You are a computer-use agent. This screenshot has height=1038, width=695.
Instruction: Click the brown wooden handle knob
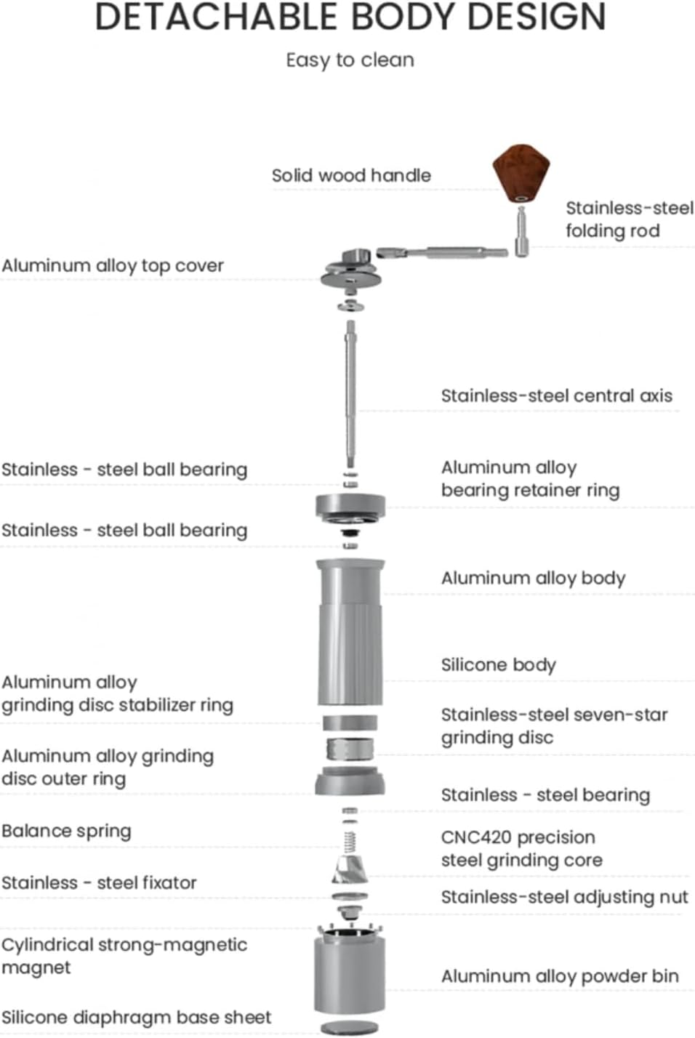519,174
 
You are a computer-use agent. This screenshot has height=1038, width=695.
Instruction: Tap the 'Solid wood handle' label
351,175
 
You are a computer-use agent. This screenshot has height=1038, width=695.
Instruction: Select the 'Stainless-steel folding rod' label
629,220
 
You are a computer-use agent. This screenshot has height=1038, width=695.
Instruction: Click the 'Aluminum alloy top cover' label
113,266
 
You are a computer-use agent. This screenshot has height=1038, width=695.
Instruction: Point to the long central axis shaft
350,393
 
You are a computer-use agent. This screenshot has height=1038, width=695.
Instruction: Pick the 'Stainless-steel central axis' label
556,396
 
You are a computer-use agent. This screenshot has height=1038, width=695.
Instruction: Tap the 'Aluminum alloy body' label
533,579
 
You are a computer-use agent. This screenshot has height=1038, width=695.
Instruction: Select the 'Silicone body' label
498,665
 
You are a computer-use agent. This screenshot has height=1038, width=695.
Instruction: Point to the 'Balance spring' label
67,831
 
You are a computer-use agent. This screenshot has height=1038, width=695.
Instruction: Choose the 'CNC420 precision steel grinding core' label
521,849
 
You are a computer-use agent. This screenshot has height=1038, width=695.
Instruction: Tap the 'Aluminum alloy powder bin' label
560,976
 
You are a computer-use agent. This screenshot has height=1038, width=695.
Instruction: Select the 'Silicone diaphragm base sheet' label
136,1018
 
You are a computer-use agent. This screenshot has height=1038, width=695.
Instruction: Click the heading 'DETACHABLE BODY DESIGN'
350,17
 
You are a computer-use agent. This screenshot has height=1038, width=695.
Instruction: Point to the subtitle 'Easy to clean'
350,60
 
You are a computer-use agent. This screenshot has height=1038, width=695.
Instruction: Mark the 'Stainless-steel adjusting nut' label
564,898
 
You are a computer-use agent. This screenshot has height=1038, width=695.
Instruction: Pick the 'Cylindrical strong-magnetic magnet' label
124,956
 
